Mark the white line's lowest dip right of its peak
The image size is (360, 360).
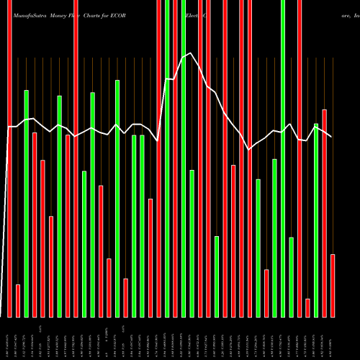pos(249,149)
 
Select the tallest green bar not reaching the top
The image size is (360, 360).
pos(117,198)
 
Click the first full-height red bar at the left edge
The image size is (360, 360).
pos(10,158)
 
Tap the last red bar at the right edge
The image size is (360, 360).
pos(332,285)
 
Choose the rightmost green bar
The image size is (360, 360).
pos(315,220)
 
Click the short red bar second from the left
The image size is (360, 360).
pos(18,300)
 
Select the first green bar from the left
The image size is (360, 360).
pos(27,203)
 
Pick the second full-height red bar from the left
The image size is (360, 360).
pos(76,158)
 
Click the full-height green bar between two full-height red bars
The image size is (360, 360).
pos(166,158)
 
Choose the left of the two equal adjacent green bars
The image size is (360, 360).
pos(134,225)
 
